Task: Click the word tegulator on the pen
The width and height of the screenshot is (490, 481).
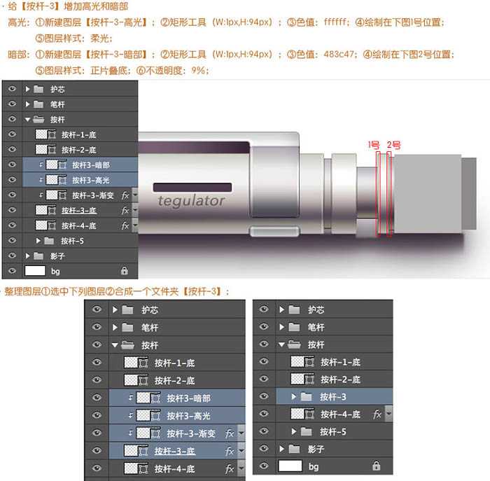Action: (x=191, y=201)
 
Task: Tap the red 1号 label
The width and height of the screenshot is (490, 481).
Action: (x=374, y=145)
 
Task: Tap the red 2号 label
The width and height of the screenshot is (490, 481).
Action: (x=393, y=145)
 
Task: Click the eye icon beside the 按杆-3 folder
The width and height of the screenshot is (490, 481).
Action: (x=264, y=397)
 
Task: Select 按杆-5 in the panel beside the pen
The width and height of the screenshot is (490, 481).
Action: (x=72, y=241)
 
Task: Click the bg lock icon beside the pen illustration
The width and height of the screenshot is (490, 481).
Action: (x=124, y=270)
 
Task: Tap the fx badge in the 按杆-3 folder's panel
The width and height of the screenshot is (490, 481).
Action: (x=377, y=414)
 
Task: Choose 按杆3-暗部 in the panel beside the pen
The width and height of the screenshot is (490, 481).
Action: (x=91, y=165)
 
